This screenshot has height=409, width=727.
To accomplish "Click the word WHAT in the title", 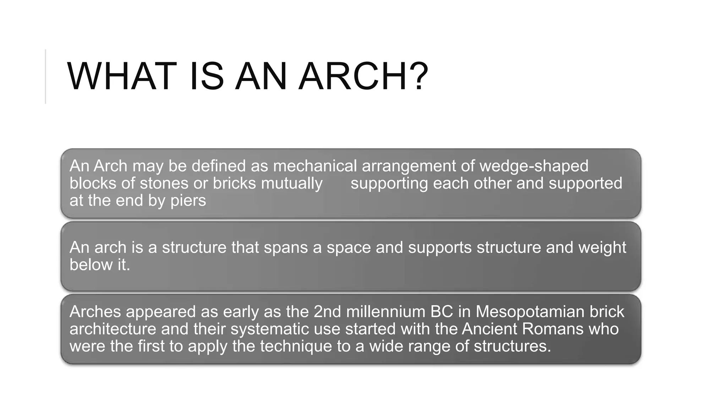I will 122,77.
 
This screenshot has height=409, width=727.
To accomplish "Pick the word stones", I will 164,183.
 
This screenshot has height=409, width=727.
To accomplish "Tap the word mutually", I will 291,183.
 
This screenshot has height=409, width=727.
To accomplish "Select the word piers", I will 188,201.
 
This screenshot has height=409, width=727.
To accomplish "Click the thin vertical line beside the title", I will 46,77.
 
